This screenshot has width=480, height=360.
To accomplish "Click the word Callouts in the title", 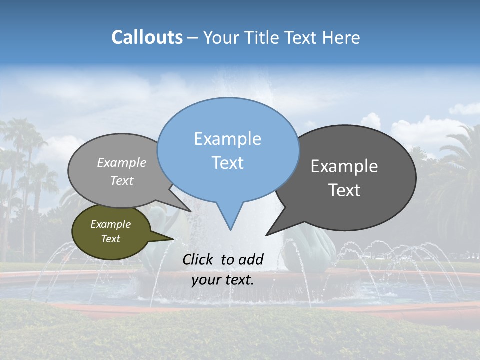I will click(x=147, y=37).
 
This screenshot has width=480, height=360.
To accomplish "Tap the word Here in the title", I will click(x=341, y=37).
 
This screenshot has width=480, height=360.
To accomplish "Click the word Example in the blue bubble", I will click(x=227, y=139).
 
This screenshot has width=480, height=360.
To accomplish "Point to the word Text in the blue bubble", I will click(x=227, y=163).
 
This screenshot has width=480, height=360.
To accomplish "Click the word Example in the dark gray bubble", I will click(x=344, y=166).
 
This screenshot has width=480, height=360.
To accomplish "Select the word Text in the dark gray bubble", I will click(x=344, y=190).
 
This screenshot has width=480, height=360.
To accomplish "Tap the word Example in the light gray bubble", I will click(x=122, y=162).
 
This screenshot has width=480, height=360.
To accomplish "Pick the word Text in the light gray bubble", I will click(x=122, y=180).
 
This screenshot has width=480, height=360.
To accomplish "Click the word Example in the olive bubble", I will click(x=110, y=224).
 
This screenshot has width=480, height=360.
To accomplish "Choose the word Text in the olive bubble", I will click(x=110, y=239).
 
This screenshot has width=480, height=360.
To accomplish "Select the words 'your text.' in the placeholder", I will click(x=223, y=280).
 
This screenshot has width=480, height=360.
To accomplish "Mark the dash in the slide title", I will click(x=193, y=38).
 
